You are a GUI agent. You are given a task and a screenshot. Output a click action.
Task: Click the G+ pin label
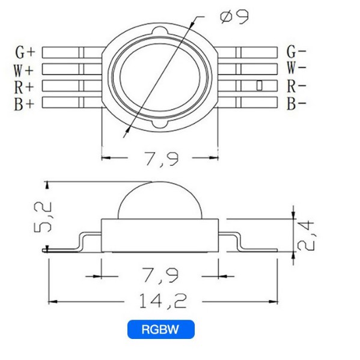click(x=25, y=52)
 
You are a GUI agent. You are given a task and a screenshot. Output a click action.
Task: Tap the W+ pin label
click(x=23, y=70)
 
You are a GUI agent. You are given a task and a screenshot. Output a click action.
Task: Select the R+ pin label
click(x=24, y=87)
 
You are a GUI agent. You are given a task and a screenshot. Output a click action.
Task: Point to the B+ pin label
click(x=24, y=105)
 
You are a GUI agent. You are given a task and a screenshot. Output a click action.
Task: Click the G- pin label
click(x=296, y=52)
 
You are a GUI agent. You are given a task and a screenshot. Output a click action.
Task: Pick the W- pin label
click(x=296, y=68)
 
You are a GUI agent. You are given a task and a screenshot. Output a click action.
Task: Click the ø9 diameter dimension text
click(x=234, y=17)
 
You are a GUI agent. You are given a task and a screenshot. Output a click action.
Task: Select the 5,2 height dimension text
click(x=43, y=217)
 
